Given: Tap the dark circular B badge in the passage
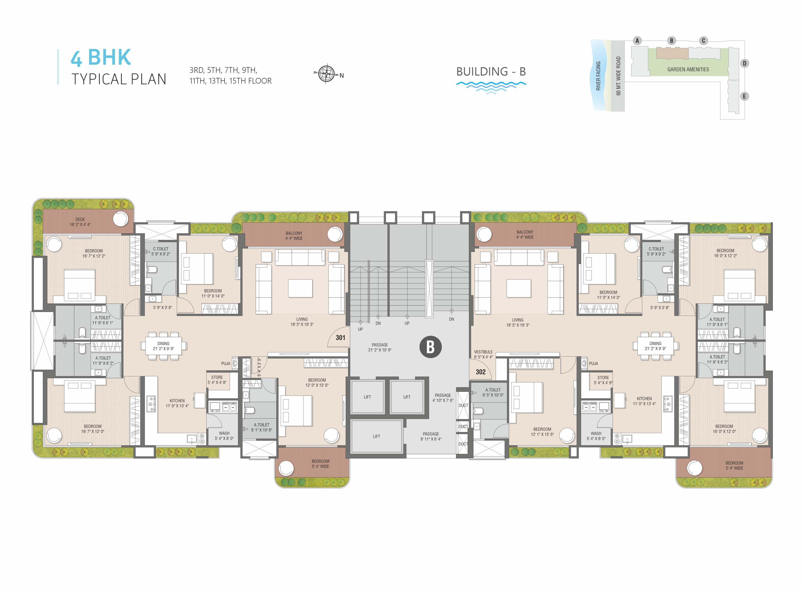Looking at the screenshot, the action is (430, 347).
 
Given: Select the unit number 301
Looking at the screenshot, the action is (340, 337).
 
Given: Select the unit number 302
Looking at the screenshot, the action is (481, 372).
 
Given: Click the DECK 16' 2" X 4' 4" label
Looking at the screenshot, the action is (80, 222).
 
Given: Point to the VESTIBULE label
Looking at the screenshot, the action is (483, 352).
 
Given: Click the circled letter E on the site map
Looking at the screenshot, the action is (744, 96).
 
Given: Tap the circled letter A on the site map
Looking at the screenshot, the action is (637, 41).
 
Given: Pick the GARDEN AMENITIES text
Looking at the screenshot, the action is (688, 69).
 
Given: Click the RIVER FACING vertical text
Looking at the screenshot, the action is (598, 76).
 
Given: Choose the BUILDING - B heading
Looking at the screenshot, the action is (491, 72).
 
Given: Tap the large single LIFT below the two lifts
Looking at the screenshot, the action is (377, 436).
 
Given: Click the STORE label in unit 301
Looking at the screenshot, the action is (217, 377).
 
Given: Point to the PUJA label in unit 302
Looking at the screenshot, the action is (594, 364).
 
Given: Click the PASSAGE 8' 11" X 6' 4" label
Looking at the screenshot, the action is (431, 436).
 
